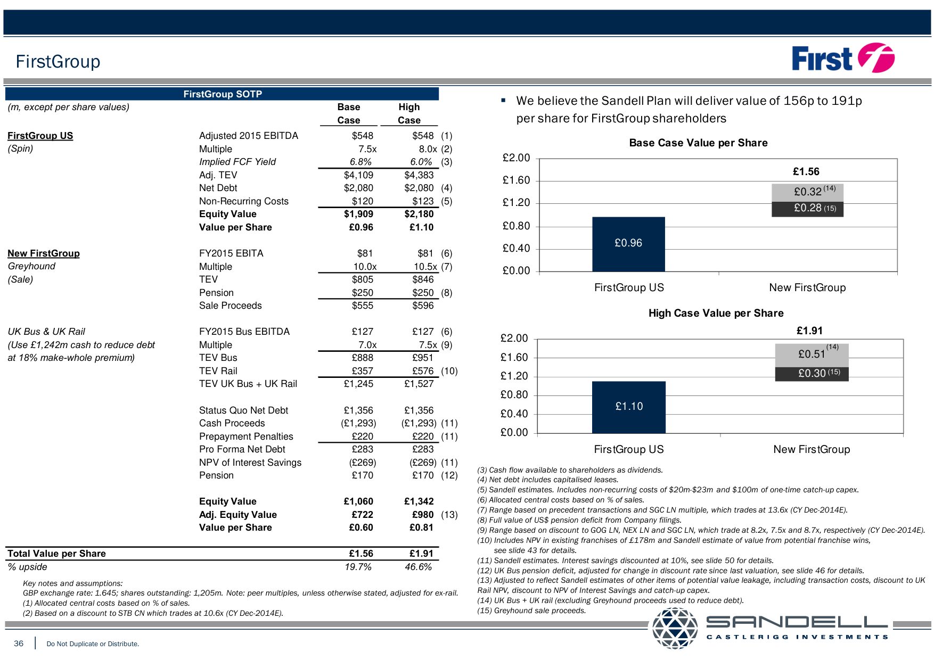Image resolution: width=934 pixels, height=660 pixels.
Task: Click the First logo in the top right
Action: [842, 58]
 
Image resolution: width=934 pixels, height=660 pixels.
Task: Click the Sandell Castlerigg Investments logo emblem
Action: [675, 628]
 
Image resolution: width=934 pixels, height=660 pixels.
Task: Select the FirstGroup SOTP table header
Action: [222, 94]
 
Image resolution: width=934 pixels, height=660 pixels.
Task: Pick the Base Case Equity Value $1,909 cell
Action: [358, 214]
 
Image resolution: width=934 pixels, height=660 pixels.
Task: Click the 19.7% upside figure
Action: [358, 567]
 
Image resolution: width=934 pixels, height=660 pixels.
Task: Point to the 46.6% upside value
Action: [418, 567]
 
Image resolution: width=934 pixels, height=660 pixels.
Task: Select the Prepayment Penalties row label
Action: [245, 436]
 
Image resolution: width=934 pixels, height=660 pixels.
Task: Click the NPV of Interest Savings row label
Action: [250, 463]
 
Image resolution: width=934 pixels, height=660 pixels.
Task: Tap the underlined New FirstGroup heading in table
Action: [44, 253]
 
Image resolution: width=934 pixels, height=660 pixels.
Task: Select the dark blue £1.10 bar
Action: [628, 407]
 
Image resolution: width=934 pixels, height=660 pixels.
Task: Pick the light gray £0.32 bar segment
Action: [807, 192]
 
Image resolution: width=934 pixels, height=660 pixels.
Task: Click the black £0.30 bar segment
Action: [812, 374]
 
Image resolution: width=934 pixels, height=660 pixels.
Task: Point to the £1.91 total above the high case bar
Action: [809, 331]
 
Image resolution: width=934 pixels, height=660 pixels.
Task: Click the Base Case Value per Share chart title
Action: [698, 143]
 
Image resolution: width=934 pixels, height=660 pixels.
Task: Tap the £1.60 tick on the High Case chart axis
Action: [514, 357]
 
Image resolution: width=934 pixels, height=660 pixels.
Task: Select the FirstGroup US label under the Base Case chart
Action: [629, 287]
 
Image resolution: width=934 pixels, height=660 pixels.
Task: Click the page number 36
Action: [19, 643]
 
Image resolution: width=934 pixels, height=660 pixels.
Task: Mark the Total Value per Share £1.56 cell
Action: [361, 554]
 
